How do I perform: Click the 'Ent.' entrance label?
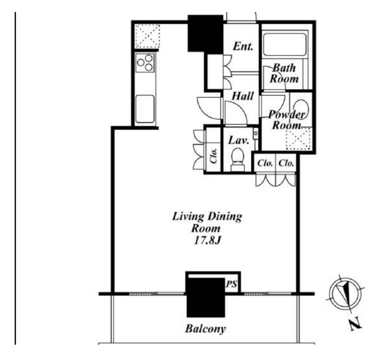point(242,46)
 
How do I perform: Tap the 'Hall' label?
point(242,96)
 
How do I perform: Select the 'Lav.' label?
point(238,140)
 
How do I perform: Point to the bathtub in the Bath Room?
point(285,44)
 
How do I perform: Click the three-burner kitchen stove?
point(145,62)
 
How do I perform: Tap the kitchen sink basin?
point(145,109)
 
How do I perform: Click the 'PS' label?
point(231,284)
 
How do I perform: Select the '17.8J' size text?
point(207,240)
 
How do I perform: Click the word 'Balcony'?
point(205,329)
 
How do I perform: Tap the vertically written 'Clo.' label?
point(213,156)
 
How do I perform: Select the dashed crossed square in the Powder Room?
point(298,138)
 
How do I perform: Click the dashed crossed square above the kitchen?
point(147,36)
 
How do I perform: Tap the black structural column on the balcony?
point(206,298)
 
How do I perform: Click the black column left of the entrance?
point(205,33)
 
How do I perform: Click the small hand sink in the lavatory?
point(256,133)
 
